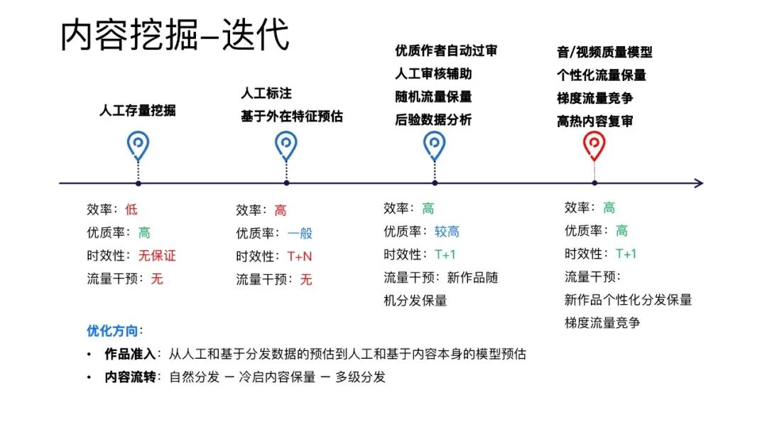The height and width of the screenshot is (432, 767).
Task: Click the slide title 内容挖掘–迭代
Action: (x=175, y=36)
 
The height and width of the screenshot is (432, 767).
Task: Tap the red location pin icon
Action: (x=594, y=145)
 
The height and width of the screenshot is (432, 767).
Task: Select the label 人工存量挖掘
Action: (x=137, y=110)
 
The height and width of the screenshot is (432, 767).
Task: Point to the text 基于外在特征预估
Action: (x=291, y=117)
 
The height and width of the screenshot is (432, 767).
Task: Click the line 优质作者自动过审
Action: (x=446, y=50)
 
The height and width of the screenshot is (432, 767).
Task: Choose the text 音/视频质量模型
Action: (x=604, y=52)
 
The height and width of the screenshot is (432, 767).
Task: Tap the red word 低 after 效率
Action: (x=131, y=210)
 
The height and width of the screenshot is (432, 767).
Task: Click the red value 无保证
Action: (x=157, y=256)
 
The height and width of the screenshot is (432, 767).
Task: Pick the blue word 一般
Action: (x=300, y=233)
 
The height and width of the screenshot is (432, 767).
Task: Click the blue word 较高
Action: (x=447, y=232)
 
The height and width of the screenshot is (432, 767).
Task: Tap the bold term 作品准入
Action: (x=129, y=354)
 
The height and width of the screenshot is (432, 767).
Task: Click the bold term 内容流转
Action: (x=129, y=377)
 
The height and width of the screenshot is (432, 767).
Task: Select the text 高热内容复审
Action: (x=595, y=121)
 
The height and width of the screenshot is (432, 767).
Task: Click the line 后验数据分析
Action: (x=433, y=120)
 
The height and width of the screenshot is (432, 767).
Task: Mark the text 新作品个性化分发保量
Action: (x=628, y=300)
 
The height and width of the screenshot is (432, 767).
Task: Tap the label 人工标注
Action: (x=266, y=93)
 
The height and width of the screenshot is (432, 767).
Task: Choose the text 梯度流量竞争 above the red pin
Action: (x=595, y=98)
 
